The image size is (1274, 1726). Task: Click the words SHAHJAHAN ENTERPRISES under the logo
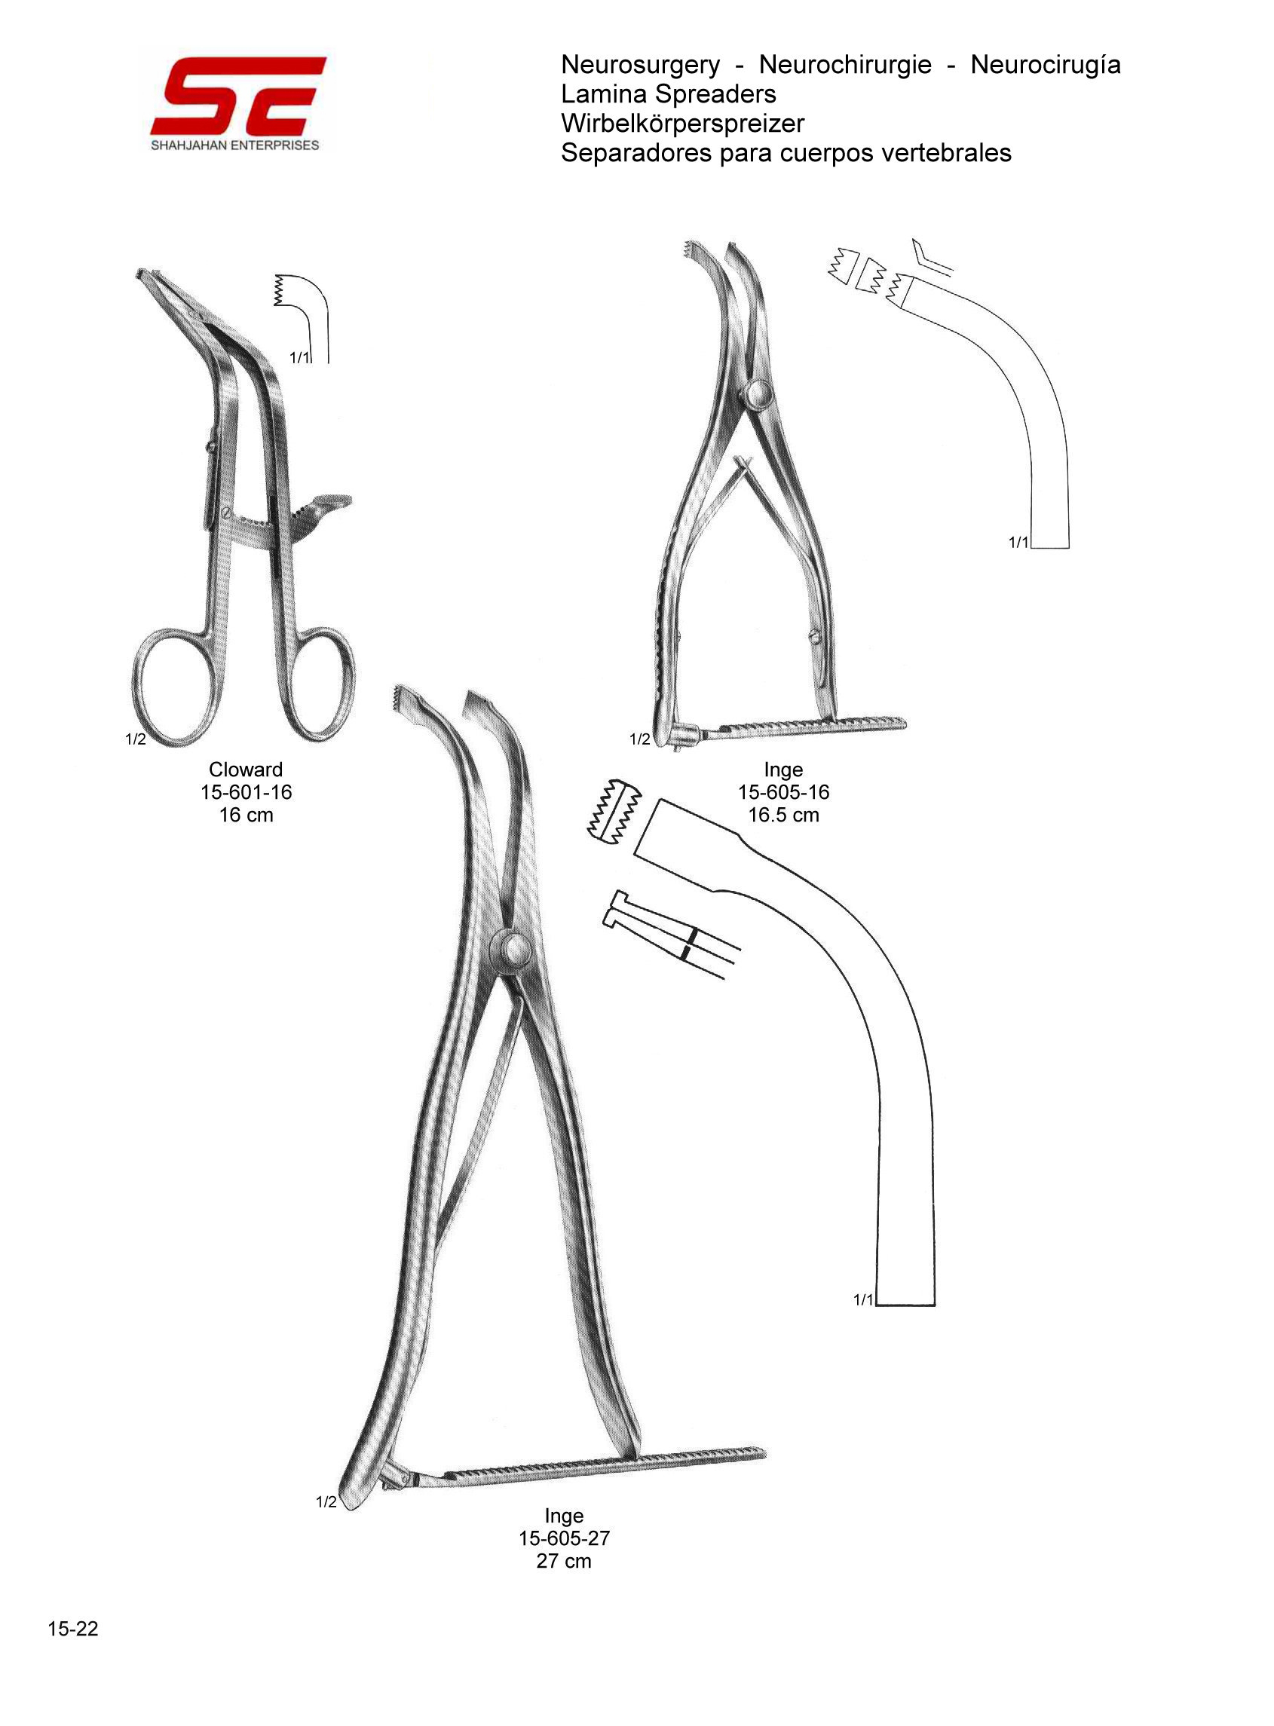point(235,145)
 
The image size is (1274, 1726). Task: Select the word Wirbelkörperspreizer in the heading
point(682,124)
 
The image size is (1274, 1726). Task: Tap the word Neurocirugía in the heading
point(1045,65)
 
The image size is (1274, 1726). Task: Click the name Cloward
point(246,770)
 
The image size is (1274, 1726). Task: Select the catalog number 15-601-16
point(246,791)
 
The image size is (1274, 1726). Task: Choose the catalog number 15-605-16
point(783,791)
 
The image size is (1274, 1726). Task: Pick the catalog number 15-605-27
point(564,1538)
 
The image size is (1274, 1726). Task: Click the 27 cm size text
point(564,1561)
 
